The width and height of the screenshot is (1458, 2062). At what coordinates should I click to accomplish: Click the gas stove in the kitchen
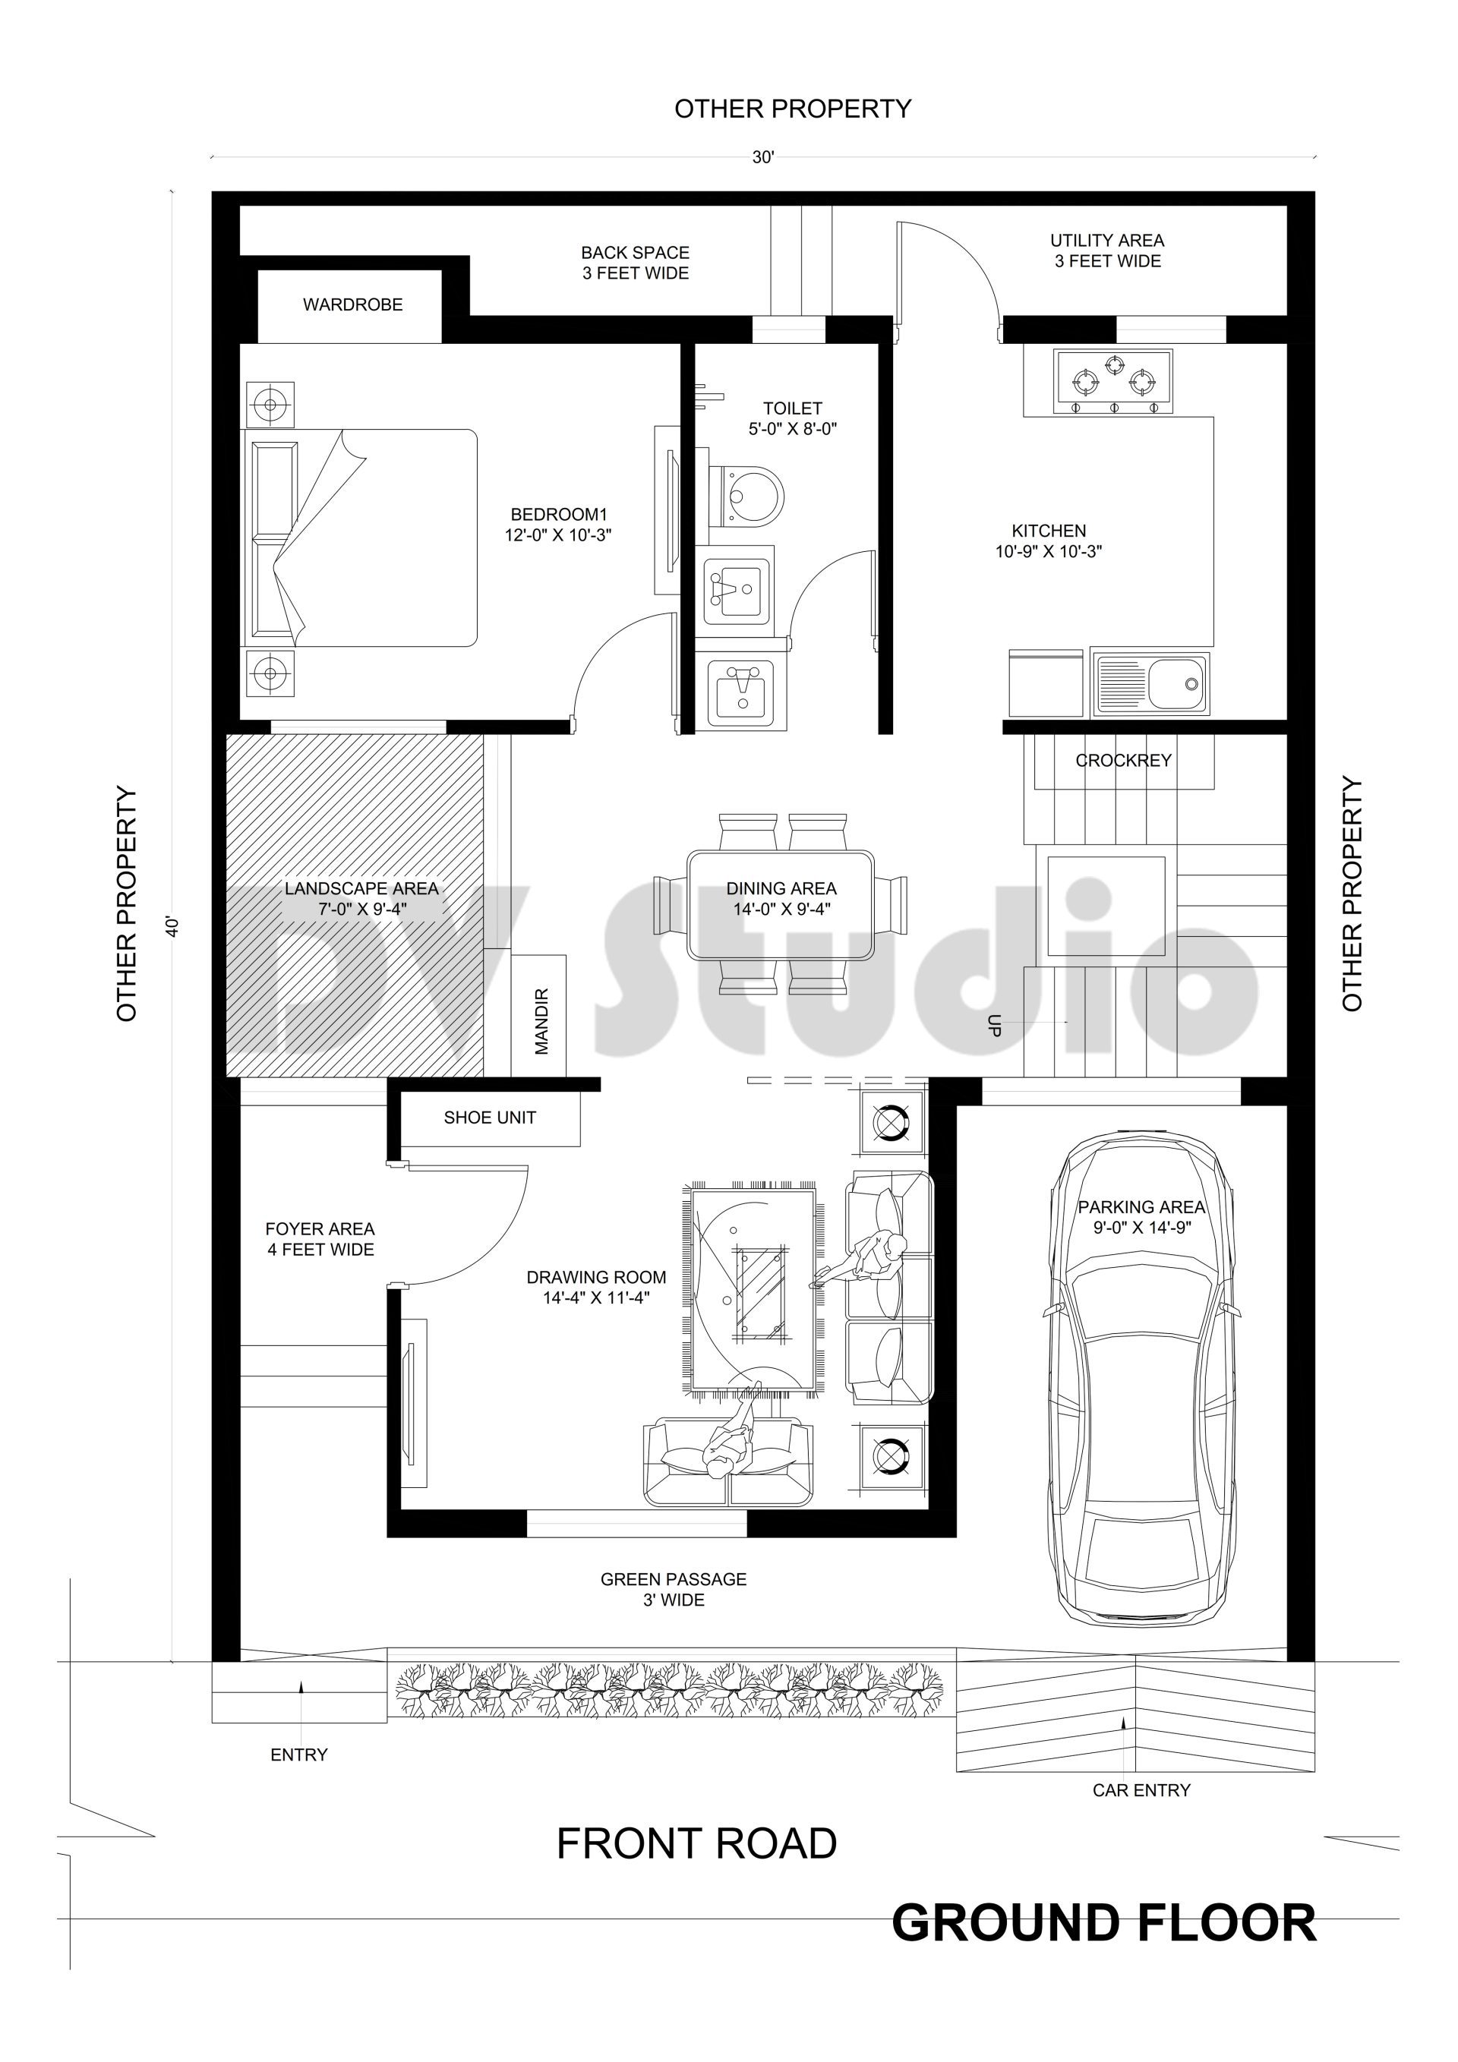coord(1114,383)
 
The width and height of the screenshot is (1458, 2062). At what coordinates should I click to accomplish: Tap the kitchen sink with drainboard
coord(1150,684)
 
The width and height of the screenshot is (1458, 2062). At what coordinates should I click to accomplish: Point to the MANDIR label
coord(541,1021)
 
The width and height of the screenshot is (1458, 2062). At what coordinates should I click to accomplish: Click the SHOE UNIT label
coord(490,1118)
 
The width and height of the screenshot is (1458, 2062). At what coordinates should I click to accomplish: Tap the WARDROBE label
coord(352,304)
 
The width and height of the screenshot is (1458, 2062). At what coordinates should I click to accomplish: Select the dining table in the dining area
coord(781,904)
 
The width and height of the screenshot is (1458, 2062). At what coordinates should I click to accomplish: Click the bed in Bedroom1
coord(359,537)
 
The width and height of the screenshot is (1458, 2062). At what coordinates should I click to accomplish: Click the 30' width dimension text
coord(762,157)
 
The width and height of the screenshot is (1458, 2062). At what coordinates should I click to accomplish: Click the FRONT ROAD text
coord(696,1844)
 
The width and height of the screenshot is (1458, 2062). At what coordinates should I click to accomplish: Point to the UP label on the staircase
coord(993,1026)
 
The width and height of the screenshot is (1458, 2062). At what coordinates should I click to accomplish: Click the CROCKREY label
coord(1124,761)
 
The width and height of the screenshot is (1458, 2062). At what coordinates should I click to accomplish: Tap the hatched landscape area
coord(354,905)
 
